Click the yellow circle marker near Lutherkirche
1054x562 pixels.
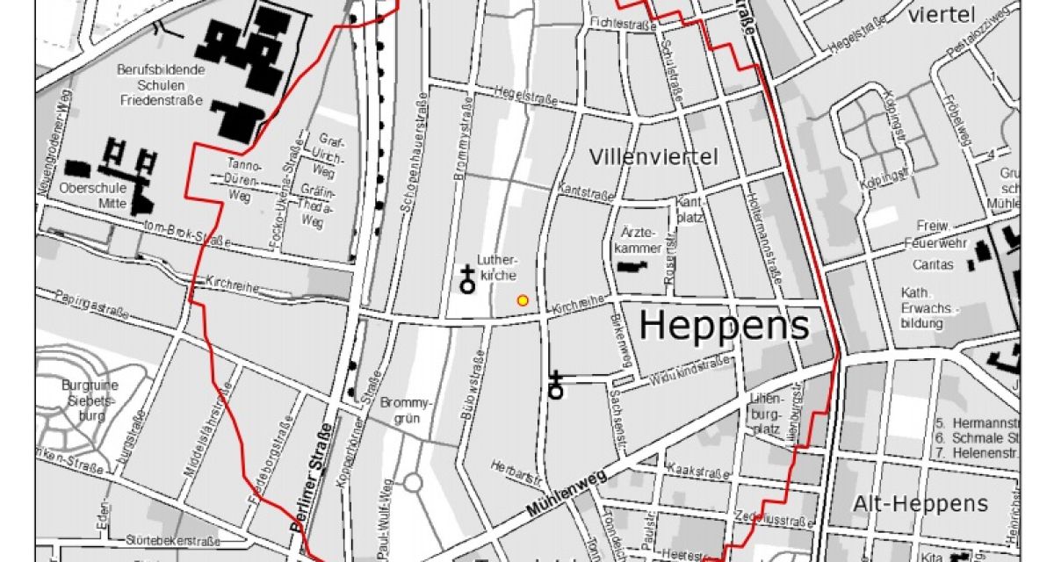tap(523, 300)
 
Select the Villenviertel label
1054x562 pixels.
tap(654, 158)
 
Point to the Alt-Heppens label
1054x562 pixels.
tap(920, 504)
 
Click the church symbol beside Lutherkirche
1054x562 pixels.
tap(467, 281)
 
